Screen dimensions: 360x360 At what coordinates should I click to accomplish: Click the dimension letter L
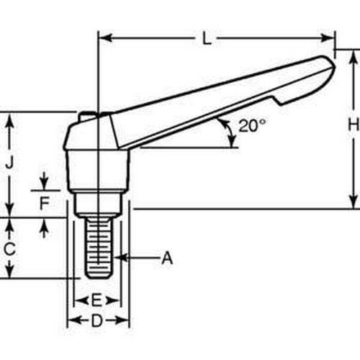point(207,40)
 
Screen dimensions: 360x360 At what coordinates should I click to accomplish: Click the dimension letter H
point(352,125)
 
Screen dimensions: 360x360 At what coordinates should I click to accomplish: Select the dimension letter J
point(9,163)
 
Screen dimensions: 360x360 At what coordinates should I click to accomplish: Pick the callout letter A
point(167,256)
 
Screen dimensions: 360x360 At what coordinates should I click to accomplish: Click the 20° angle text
point(252,125)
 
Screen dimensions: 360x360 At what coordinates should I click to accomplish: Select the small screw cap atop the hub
point(89,115)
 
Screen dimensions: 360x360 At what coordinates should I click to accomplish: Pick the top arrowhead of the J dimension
point(9,117)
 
